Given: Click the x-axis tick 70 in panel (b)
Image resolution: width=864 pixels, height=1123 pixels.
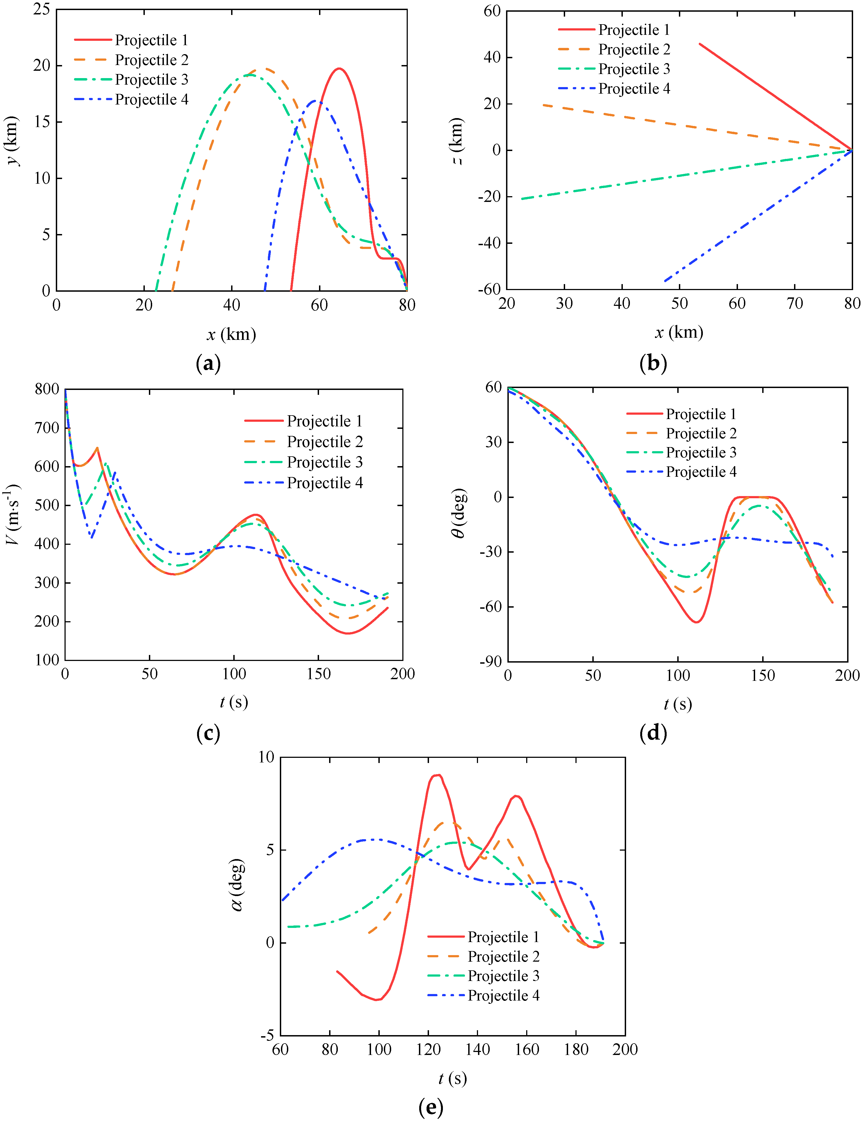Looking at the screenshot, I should point(795,304).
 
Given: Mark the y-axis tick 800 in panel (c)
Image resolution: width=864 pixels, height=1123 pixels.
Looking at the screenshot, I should point(47,389).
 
